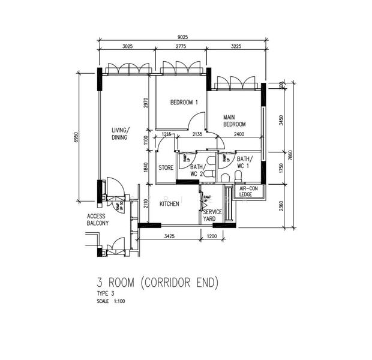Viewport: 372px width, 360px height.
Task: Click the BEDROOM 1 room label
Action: (x=184, y=103)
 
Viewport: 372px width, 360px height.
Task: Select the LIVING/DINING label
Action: (x=119, y=133)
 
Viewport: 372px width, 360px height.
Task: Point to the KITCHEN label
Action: (x=169, y=204)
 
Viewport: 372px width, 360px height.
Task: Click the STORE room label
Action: (x=166, y=168)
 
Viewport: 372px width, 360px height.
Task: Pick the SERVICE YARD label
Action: (x=212, y=215)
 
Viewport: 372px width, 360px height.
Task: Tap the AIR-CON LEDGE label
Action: (x=246, y=191)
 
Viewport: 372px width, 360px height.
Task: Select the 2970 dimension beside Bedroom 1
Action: (x=145, y=103)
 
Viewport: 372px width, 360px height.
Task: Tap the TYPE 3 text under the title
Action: (x=105, y=293)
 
